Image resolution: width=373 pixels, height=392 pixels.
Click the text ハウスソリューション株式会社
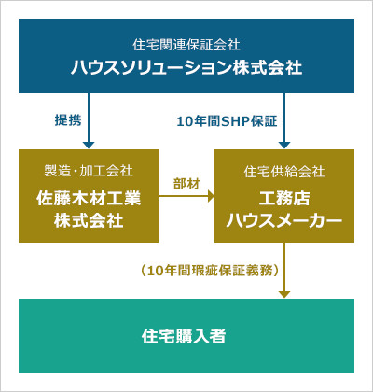(x=186, y=67)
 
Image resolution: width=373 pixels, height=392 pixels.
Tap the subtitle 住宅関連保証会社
(x=186, y=45)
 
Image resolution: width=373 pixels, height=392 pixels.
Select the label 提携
(x=68, y=120)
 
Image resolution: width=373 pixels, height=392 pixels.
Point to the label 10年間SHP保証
(x=227, y=121)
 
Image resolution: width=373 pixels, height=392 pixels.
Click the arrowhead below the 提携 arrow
(x=89, y=146)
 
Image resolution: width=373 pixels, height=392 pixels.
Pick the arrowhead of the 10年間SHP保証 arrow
(x=284, y=146)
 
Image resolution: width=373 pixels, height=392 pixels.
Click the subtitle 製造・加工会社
(x=89, y=171)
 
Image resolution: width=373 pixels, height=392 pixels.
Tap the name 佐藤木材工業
(x=89, y=198)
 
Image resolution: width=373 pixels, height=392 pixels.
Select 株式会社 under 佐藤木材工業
(x=89, y=220)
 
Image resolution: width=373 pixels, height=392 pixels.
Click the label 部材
(x=186, y=184)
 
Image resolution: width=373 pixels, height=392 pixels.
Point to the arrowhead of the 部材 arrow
(x=211, y=197)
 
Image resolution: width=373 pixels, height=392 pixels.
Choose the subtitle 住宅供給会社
(x=284, y=172)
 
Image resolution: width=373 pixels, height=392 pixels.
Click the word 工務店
(x=284, y=198)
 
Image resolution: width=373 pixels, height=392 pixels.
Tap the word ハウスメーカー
(x=284, y=221)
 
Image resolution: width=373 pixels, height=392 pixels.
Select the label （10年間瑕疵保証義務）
(x=211, y=271)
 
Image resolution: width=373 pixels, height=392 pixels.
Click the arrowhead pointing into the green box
(x=284, y=295)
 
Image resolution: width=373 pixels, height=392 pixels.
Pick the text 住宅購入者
(x=184, y=336)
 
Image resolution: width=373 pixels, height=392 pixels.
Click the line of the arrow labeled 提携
(x=89, y=118)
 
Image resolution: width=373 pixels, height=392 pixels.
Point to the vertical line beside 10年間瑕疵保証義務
(x=284, y=267)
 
